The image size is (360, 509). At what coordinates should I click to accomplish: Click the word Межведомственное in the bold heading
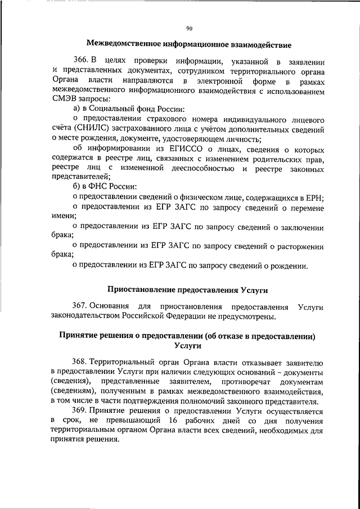(124, 44)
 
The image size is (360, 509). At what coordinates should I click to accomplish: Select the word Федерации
(199, 317)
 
